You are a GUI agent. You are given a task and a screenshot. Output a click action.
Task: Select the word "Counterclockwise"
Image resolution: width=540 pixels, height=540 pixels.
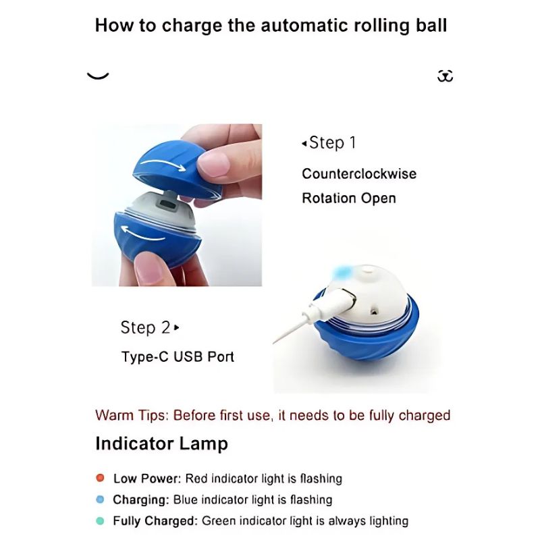(359, 173)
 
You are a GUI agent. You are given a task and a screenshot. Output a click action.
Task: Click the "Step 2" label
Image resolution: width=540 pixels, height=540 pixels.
(146, 327)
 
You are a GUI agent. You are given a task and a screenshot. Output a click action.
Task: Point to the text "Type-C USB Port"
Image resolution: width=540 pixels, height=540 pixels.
(178, 356)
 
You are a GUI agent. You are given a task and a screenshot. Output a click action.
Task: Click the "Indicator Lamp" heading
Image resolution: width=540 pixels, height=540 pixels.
(161, 443)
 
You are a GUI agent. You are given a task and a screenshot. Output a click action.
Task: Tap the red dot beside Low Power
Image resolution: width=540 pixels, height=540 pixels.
(101, 478)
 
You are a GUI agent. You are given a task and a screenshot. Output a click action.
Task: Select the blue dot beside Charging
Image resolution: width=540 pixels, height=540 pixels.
(101, 500)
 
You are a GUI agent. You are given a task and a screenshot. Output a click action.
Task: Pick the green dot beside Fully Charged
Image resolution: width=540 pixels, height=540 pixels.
(101, 520)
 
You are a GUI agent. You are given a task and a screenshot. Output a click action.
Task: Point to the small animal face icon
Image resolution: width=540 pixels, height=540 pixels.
(445, 76)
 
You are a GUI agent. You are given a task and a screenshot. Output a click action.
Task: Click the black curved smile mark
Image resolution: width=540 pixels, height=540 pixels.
(98, 76)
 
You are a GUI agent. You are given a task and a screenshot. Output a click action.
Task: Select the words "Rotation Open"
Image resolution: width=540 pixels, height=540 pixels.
(348, 198)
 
